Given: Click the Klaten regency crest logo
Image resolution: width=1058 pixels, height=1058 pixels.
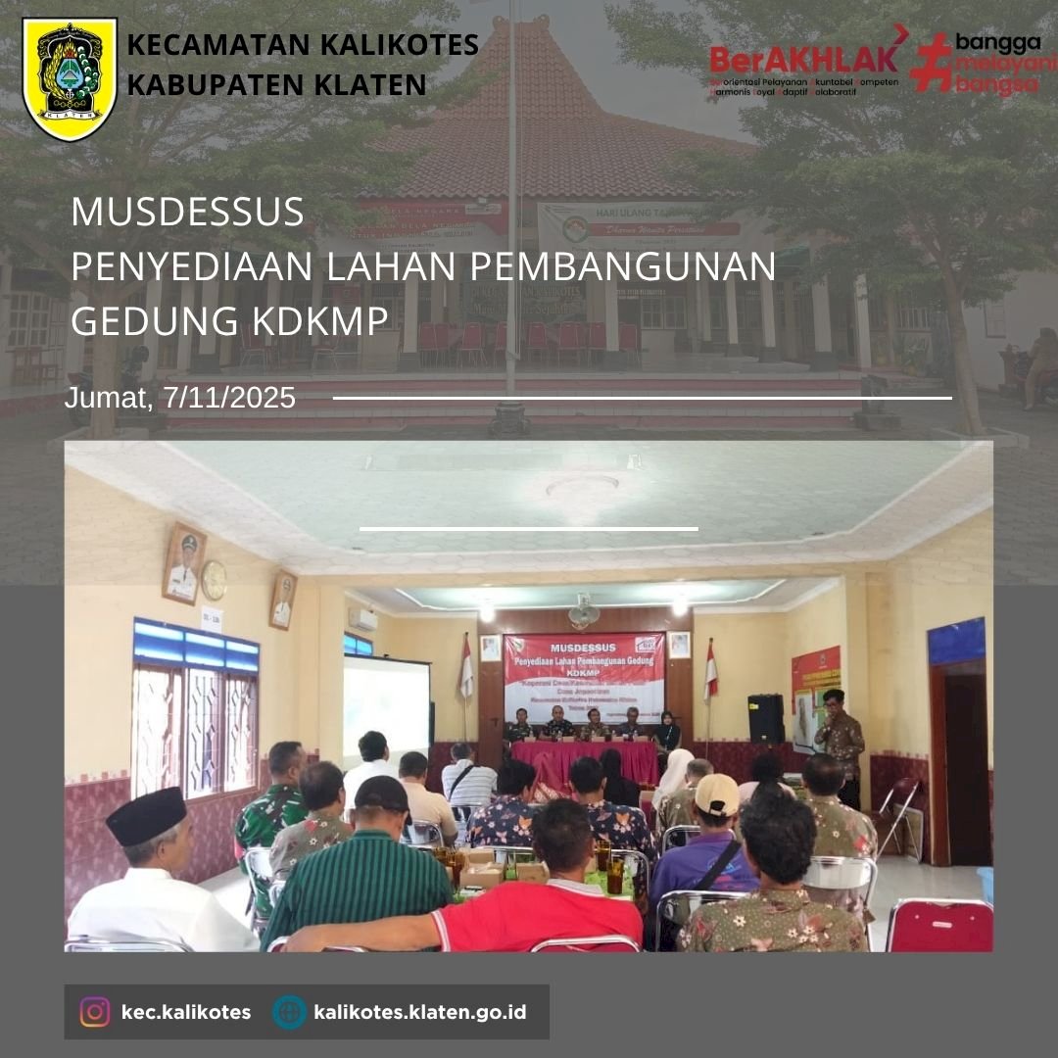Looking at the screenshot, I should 70,79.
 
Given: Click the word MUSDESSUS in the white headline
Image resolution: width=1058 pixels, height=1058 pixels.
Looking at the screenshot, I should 187,213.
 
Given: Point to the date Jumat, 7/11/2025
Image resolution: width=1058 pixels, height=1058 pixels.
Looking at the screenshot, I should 180,398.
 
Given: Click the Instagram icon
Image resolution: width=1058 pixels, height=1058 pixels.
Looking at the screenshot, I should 95,1011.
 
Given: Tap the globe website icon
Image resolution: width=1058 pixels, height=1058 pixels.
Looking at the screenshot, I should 290,1011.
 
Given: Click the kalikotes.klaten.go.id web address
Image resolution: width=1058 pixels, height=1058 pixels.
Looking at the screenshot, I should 419,1011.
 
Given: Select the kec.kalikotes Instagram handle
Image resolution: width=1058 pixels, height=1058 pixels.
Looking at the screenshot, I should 186,1011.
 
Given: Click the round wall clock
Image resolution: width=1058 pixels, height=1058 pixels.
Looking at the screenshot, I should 214,580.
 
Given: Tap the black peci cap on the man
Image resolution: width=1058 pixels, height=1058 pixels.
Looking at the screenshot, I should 146,815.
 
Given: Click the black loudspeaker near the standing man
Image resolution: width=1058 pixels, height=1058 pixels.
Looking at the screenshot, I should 766,718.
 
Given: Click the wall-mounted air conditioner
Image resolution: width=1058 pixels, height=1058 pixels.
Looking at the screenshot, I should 361,619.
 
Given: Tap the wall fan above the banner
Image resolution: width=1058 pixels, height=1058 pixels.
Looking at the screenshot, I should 584,611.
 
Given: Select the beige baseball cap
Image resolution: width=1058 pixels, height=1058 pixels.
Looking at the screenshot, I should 717,793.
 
